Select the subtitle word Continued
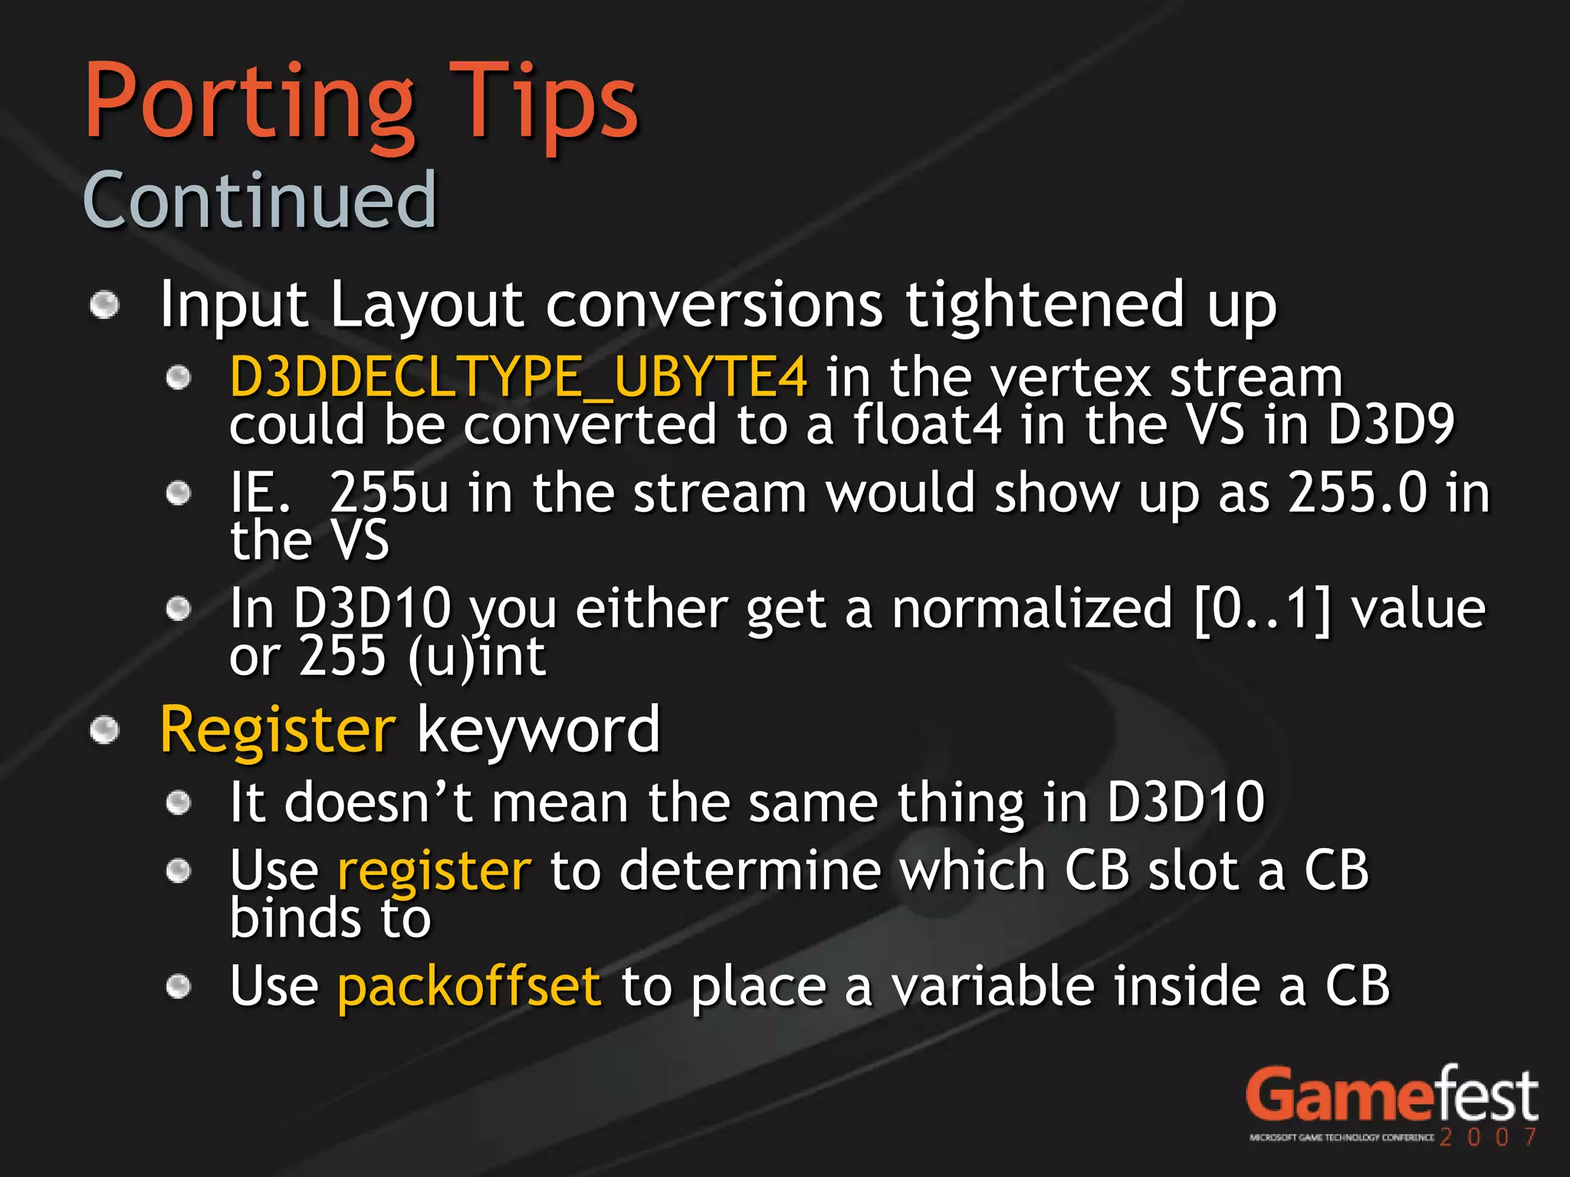(x=259, y=201)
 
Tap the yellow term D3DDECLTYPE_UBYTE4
(x=518, y=377)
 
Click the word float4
(x=927, y=425)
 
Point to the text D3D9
(x=1391, y=425)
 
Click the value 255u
(x=389, y=493)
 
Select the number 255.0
(x=1358, y=493)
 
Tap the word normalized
(x=1032, y=609)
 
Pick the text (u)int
(x=476, y=657)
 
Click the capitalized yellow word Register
(x=278, y=730)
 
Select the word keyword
(x=538, y=730)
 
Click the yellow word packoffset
(x=469, y=986)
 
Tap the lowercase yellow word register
(x=434, y=872)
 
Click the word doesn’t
(x=379, y=803)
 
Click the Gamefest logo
(x=1391, y=1096)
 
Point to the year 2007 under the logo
(x=1487, y=1137)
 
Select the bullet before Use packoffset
(x=179, y=986)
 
